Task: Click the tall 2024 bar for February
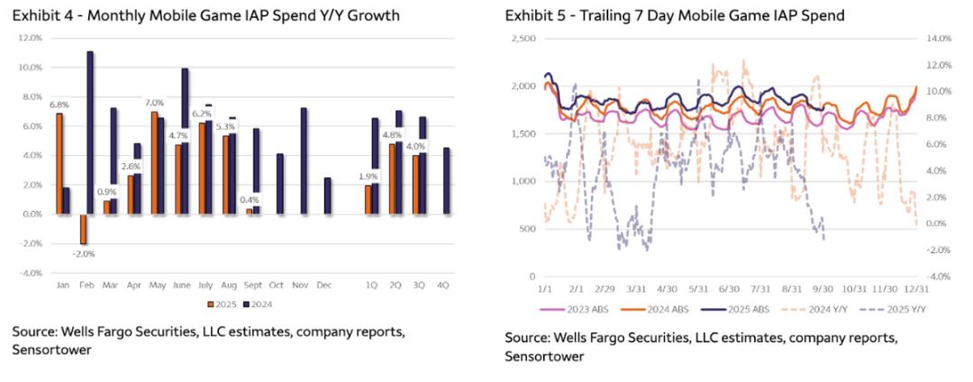90,132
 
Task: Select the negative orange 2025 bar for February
83,229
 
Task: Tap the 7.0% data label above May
154,102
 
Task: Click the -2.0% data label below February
83,253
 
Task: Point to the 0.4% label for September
250,200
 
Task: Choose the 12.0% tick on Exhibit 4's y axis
30,38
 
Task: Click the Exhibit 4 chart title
206,16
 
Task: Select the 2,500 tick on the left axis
523,38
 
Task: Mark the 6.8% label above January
59,103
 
